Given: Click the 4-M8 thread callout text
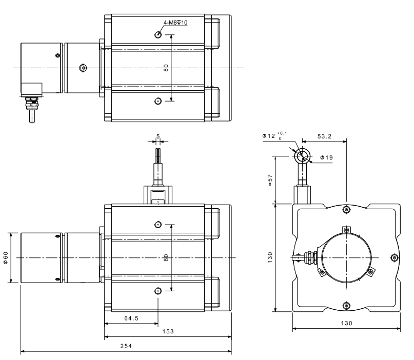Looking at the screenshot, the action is [x=175, y=23].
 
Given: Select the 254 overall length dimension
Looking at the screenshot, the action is [x=126, y=346].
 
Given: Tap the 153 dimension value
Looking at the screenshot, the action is [x=168, y=331].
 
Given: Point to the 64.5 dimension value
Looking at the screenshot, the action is [x=131, y=318].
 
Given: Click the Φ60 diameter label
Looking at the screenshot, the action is [x=6, y=257].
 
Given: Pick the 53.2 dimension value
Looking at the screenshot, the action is [x=324, y=136].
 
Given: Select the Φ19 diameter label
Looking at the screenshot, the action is [x=327, y=157].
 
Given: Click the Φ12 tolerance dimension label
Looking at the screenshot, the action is [x=274, y=136].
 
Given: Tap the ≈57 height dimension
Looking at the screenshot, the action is [x=270, y=180].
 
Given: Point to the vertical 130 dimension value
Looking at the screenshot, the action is [x=270, y=257].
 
